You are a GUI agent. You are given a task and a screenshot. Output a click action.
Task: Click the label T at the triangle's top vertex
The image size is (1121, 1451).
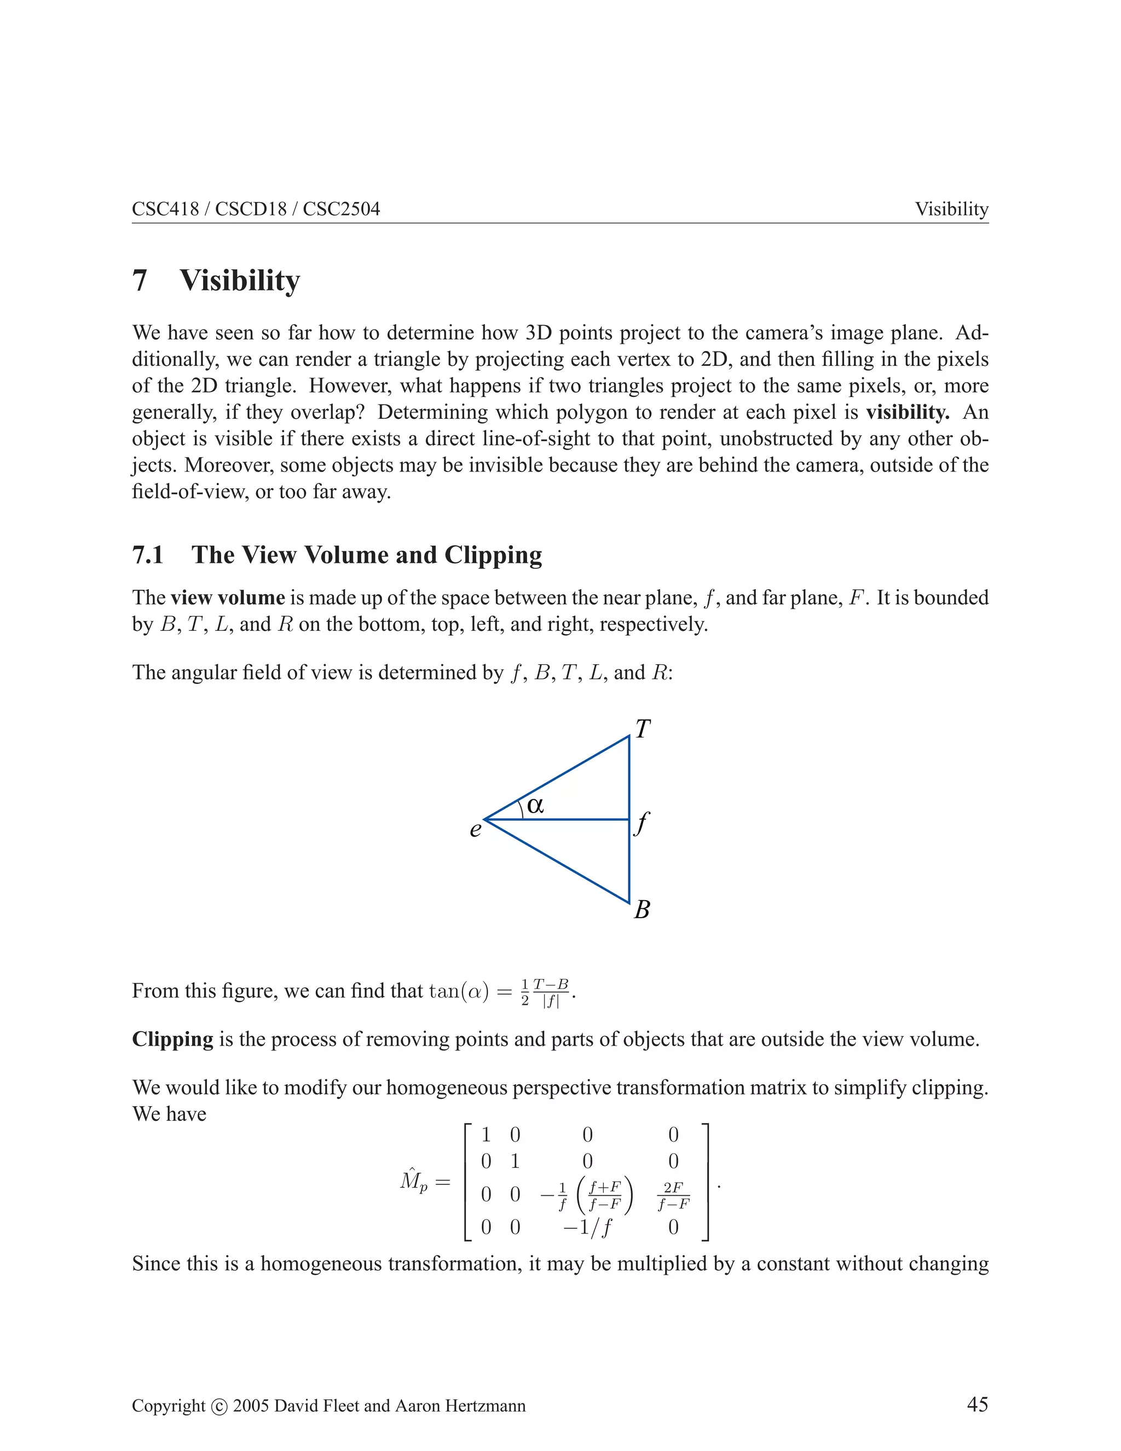642,729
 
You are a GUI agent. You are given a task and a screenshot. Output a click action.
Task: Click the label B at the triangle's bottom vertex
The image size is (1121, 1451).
642,909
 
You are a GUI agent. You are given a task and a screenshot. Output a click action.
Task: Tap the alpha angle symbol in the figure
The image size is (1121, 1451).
535,805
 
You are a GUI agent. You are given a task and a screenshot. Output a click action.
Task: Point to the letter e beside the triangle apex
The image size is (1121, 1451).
476,830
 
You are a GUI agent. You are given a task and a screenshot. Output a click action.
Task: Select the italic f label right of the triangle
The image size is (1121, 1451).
642,824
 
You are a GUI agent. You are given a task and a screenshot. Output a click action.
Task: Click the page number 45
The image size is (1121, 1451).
977,1404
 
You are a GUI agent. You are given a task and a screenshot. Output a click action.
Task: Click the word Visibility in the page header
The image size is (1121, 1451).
952,209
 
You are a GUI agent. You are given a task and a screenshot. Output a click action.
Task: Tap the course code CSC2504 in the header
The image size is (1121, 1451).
342,209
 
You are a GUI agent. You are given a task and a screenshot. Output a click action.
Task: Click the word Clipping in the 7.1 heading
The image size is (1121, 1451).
493,555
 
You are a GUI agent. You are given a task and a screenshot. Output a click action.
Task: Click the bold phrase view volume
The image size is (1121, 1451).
228,598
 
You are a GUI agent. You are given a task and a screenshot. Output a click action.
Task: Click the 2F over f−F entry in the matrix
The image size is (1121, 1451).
673,1195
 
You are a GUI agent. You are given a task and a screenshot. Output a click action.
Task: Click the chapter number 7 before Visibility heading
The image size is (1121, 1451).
140,280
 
